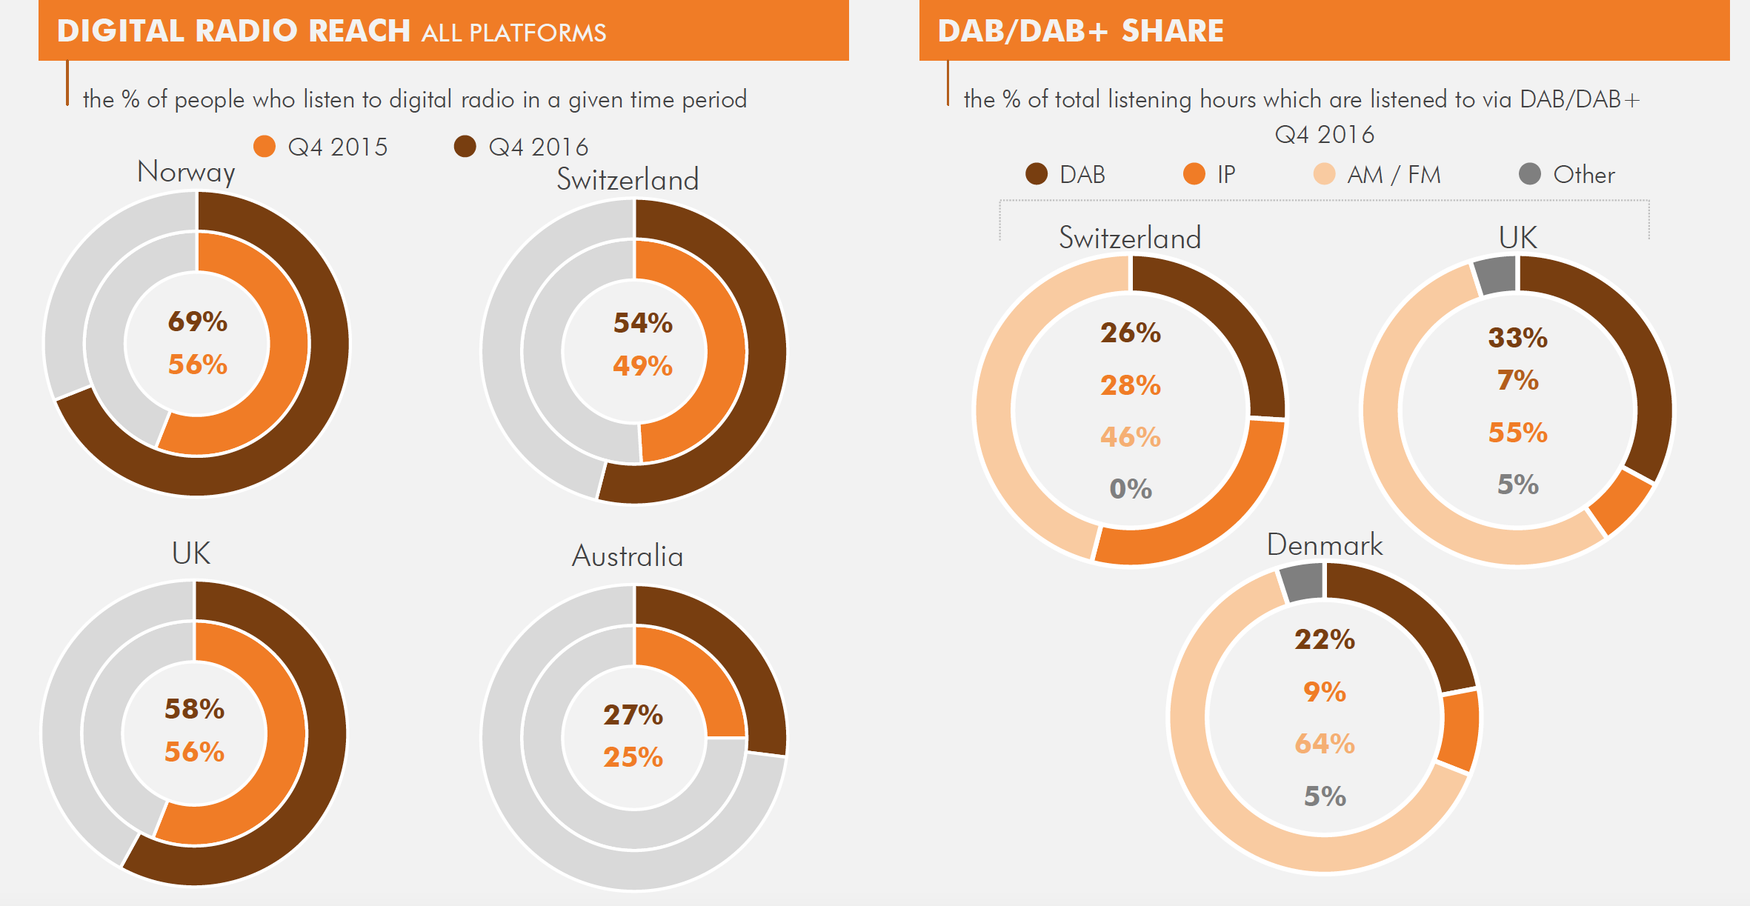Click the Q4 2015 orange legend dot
[x=265, y=146]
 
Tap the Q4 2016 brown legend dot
[x=465, y=146]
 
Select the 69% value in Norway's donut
[x=197, y=322]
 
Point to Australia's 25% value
[x=633, y=757]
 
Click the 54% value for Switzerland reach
[x=642, y=323]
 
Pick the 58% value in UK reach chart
[x=194, y=709]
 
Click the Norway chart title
[x=186, y=172]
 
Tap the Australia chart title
[x=627, y=556]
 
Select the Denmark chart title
[x=1324, y=544]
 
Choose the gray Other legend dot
[x=1529, y=174]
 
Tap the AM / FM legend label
[x=1394, y=175]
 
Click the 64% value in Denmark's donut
[x=1324, y=743]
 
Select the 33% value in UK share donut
[x=1517, y=338]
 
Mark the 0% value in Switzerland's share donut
[x=1130, y=489]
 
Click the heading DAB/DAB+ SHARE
[x=1080, y=31]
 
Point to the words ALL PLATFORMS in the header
[x=513, y=33]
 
